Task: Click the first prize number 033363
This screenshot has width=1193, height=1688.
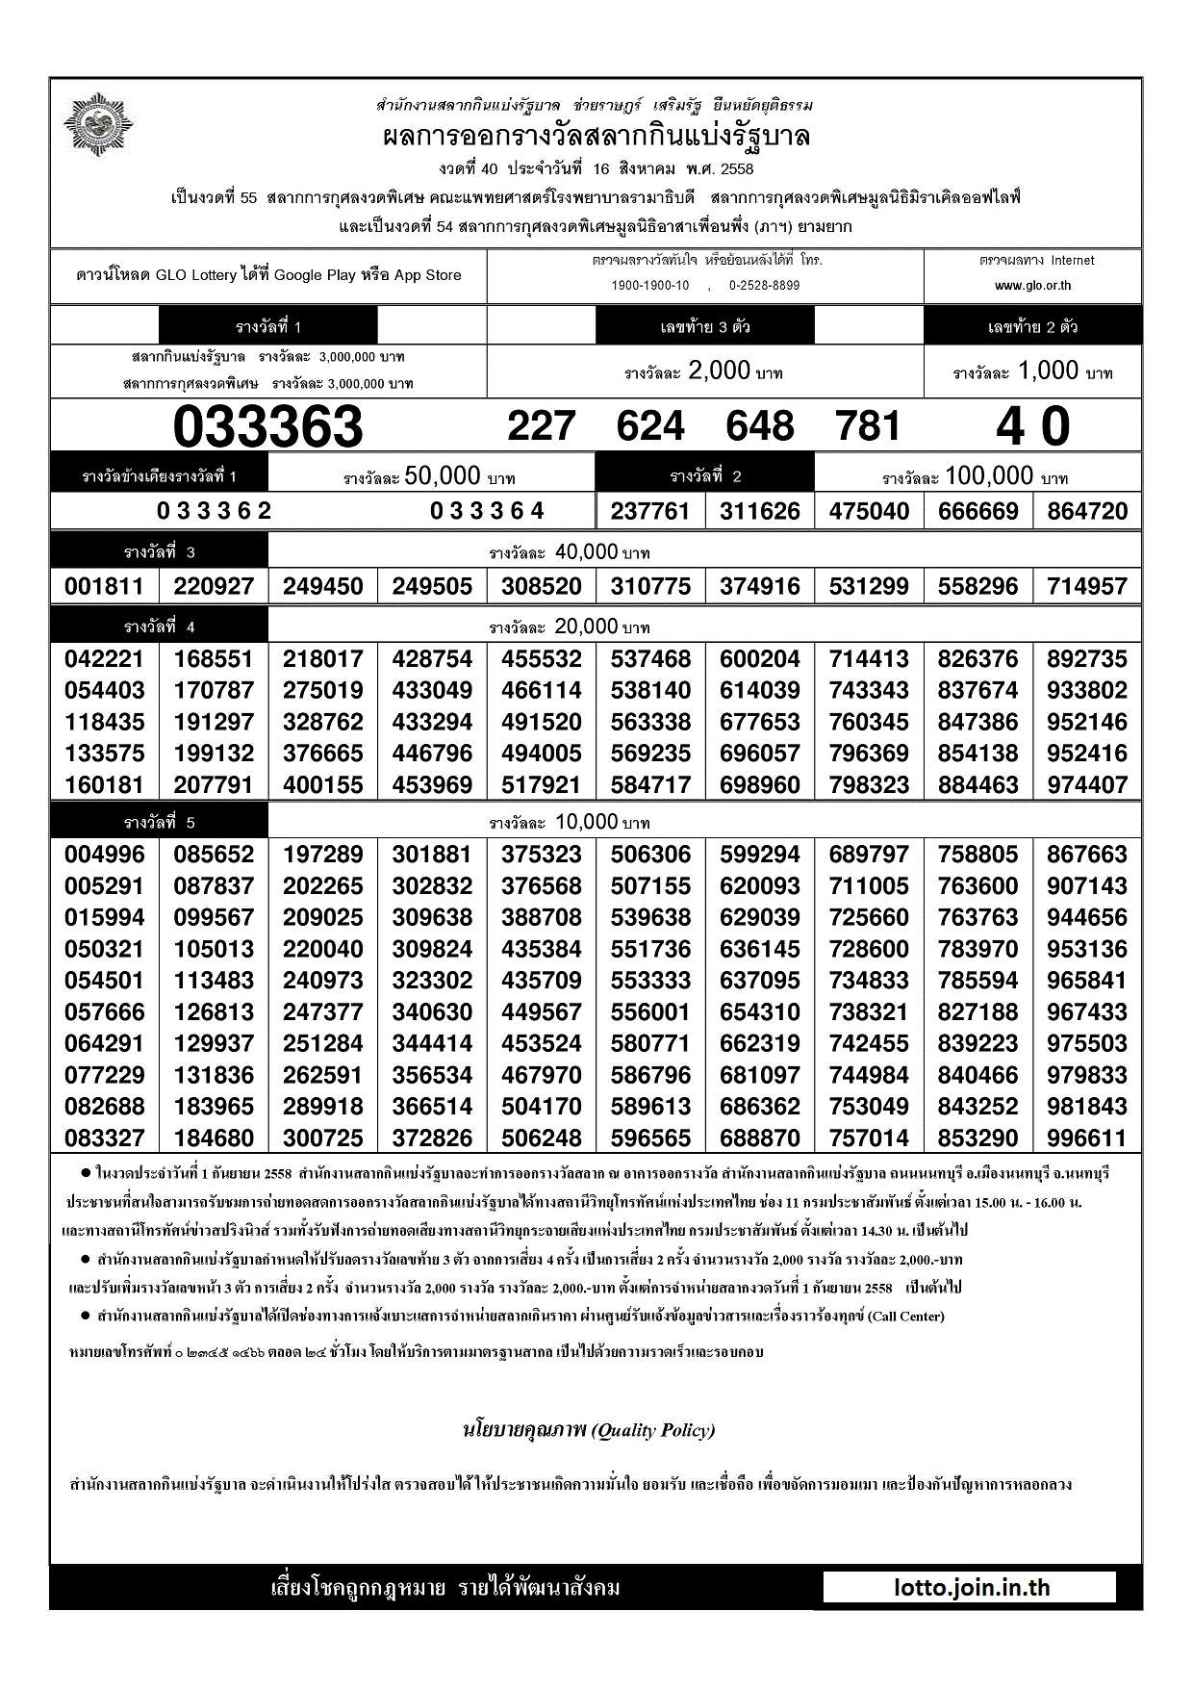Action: pyautogui.click(x=267, y=426)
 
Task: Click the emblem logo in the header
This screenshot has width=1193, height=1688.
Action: pyautogui.click(x=98, y=124)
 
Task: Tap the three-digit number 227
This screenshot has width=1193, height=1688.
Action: pyautogui.click(x=542, y=426)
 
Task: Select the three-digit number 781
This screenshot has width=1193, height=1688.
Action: pyautogui.click(x=869, y=426)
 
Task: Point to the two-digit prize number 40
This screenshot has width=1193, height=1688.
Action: pyautogui.click(x=1032, y=426)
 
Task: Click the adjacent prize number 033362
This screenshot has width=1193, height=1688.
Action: pyautogui.click(x=215, y=511)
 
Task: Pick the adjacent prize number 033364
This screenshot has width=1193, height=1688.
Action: pyautogui.click(x=487, y=511)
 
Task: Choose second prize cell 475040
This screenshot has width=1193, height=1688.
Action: pyautogui.click(x=869, y=511)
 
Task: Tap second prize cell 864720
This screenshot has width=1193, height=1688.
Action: pyautogui.click(x=1087, y=511)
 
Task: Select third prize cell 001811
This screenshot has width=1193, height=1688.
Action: pyautogui.click(x=104, y=586)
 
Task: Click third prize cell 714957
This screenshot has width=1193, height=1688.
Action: pyautogui.click(x=1087, y=586)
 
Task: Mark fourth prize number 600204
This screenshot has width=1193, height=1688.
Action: pyautogui.click(x=760, y=659)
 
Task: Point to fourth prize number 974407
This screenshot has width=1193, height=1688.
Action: pyautogui.click(x=1087, y=785)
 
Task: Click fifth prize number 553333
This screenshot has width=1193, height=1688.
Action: pyautogui.click(x=650, y=981)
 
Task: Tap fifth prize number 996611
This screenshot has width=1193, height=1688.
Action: pyautogui.click(x=1087, y=1138)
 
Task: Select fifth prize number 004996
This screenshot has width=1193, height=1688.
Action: pyautogui.click(x=104, y=855)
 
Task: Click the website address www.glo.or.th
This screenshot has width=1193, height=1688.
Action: pyautogui.click(x=1032, y=286)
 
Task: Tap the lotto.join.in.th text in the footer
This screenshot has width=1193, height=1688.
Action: pyautogui.click(x=971, y=1588)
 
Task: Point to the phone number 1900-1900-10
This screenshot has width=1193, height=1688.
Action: pyautogui.click(x=650, y=286)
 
